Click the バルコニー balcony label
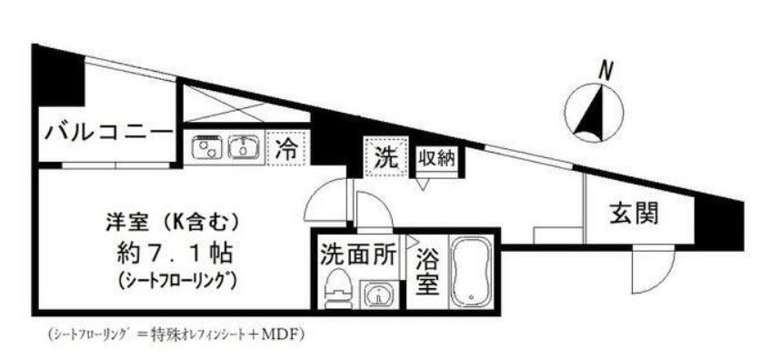coord(105,135)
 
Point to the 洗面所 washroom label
coord(357,254)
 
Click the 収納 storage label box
coord(437,157)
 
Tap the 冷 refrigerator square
coord(286,146)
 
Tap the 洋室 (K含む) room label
coord(171,219)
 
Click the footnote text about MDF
coord(173,334)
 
